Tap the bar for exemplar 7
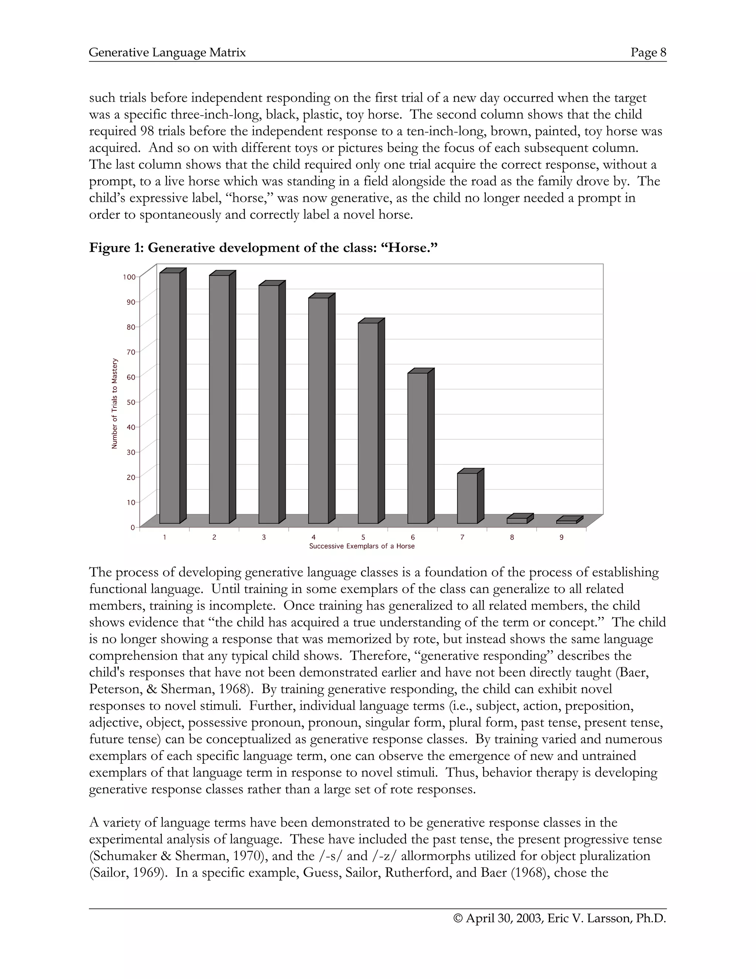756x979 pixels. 467,498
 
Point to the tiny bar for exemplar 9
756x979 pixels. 567,522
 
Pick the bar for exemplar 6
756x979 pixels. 417,448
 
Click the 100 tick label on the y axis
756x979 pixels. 129,277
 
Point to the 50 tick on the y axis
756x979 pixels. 131,402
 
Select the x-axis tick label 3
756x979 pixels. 264,537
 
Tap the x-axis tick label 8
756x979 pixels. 512,537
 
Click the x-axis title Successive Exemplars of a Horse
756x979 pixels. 362,546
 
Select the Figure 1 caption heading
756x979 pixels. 263,248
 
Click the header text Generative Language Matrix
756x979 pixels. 168,52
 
